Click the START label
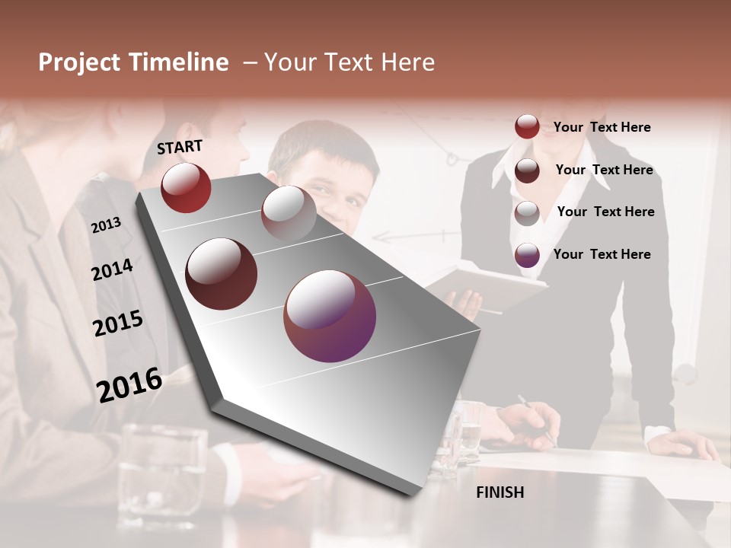[180, 147]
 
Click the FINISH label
[500, 492]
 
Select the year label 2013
[106, 225]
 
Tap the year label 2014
[112, 270]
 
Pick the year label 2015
[117, 323]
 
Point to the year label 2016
[129, 384]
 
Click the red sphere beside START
[186, 187]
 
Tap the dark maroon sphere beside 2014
[221, 274]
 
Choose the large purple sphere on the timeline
[330, 316]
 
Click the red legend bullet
[527, 126]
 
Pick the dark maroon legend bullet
[527, 170]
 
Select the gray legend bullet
[527, 213]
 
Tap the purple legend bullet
[527, 255]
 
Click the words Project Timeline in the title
[133, 62]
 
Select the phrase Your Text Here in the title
[350, 62]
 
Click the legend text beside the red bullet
[602, 127]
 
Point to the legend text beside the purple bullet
[602, 254]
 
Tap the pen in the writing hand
[536, 419]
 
